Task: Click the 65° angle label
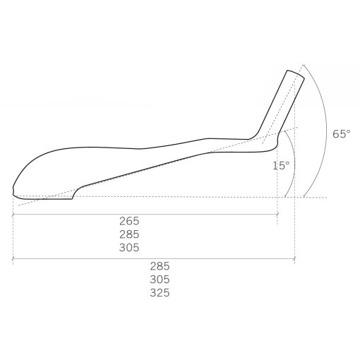tap(342, 134)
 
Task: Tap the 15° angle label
tap(281, 165)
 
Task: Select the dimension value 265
tap(129, 221)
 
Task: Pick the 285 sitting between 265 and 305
tap(129, 234)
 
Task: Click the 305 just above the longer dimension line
tap(129, 248)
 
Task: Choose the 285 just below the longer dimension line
tap(160, 266)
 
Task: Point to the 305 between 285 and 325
tap(160, 280)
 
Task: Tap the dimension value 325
tap(160, 293)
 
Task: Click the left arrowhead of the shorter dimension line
tap(13, 215)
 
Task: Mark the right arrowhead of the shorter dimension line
tap(277, 215)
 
